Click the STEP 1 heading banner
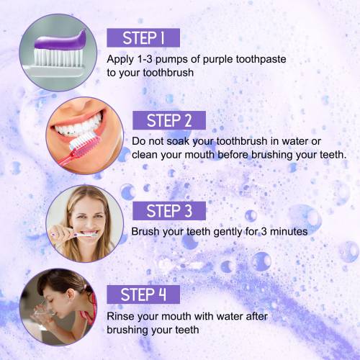(143, 37)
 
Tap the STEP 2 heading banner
(169, 120)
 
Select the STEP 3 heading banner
(169, 211)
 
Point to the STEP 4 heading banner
(143, 294)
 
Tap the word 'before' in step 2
(233, 155)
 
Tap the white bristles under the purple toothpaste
(57, 57)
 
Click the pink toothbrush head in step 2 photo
(84, 141)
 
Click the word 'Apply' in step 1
(120, 60)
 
